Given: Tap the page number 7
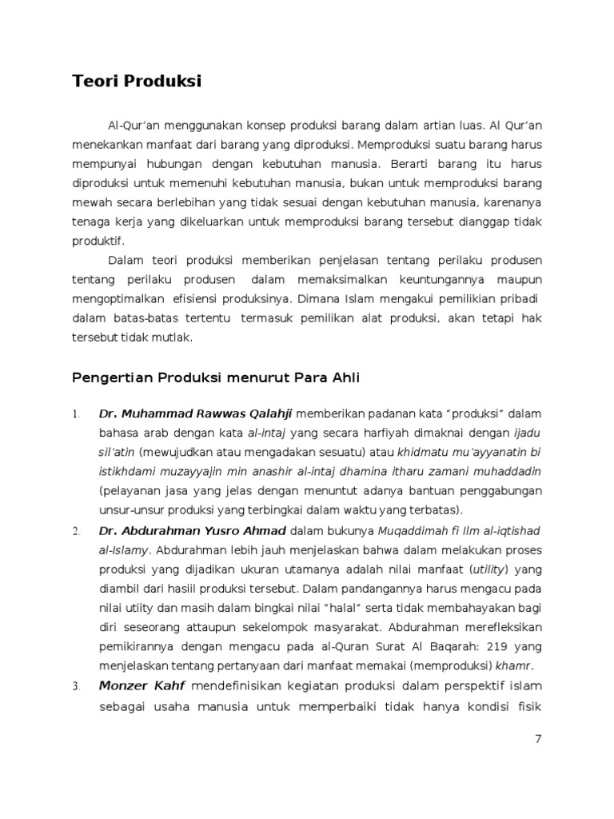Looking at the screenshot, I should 538,739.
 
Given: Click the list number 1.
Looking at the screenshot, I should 75,414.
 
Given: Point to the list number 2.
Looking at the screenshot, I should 76,531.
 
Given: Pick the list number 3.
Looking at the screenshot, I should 76,687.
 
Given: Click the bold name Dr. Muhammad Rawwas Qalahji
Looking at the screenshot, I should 196,413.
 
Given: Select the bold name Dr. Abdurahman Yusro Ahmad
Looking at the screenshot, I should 193,530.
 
